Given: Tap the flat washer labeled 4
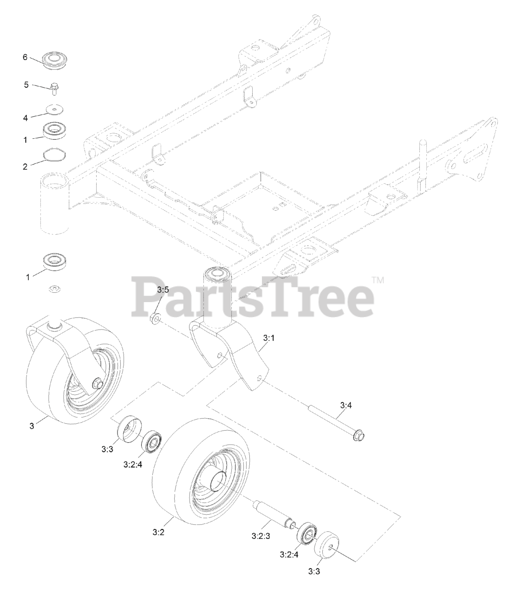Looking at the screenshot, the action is (55, 109).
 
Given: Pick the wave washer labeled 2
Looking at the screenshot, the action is (54, 155).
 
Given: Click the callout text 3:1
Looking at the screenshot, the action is (268, 339).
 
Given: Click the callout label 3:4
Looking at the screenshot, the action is (346, 406).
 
